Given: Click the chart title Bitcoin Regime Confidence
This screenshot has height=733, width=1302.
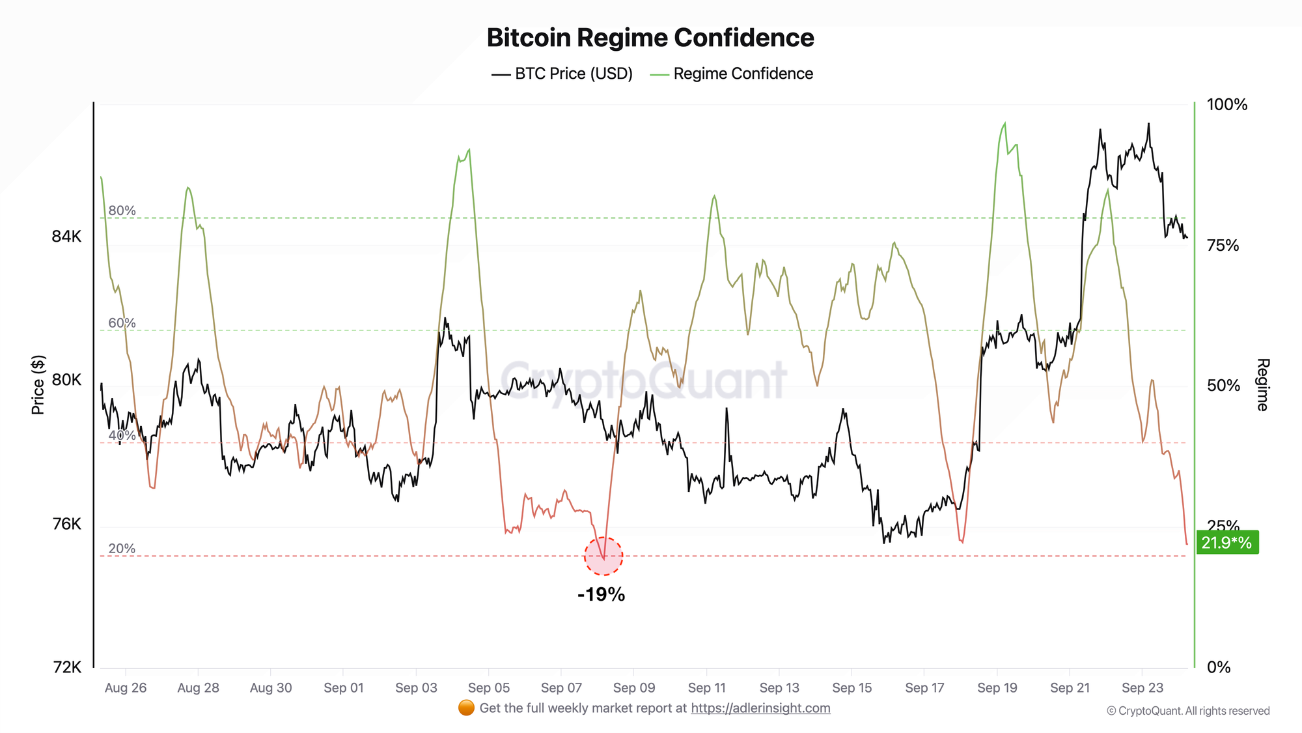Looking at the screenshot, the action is coord(650,38).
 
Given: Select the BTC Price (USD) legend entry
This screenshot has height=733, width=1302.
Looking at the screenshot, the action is coord(562,74).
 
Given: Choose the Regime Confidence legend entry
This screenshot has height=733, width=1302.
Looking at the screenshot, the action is coord(732,74).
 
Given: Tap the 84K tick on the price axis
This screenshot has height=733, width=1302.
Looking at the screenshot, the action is coord(66,236).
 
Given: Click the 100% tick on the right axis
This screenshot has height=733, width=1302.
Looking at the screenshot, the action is coord(1227,104).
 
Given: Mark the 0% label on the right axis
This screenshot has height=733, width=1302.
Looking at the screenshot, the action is coord(1219,667).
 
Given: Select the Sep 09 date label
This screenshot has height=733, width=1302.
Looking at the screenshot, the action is coord(634,687).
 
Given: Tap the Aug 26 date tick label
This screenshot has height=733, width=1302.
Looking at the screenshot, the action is coord(126,687).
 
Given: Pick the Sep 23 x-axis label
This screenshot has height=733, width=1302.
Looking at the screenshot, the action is coord(1143,687).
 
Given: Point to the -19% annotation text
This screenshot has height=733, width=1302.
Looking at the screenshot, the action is coord(601,594).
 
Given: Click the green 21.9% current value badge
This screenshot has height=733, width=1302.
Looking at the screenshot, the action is coord(1227,542).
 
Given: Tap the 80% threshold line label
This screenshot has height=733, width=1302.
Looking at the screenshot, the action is coord(122,210).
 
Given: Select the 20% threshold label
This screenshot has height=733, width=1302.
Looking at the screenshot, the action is coord(122,549).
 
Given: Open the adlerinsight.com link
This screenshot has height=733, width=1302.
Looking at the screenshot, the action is coord(760,708).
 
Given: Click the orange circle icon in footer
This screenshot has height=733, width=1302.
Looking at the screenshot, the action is coord(466,708).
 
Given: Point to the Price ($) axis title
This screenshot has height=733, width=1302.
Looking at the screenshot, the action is coord(38,385).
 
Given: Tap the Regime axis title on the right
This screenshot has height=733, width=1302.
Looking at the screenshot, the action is coord(1262,384).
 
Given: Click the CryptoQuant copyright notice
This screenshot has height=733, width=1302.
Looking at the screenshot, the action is coord(1188,711).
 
